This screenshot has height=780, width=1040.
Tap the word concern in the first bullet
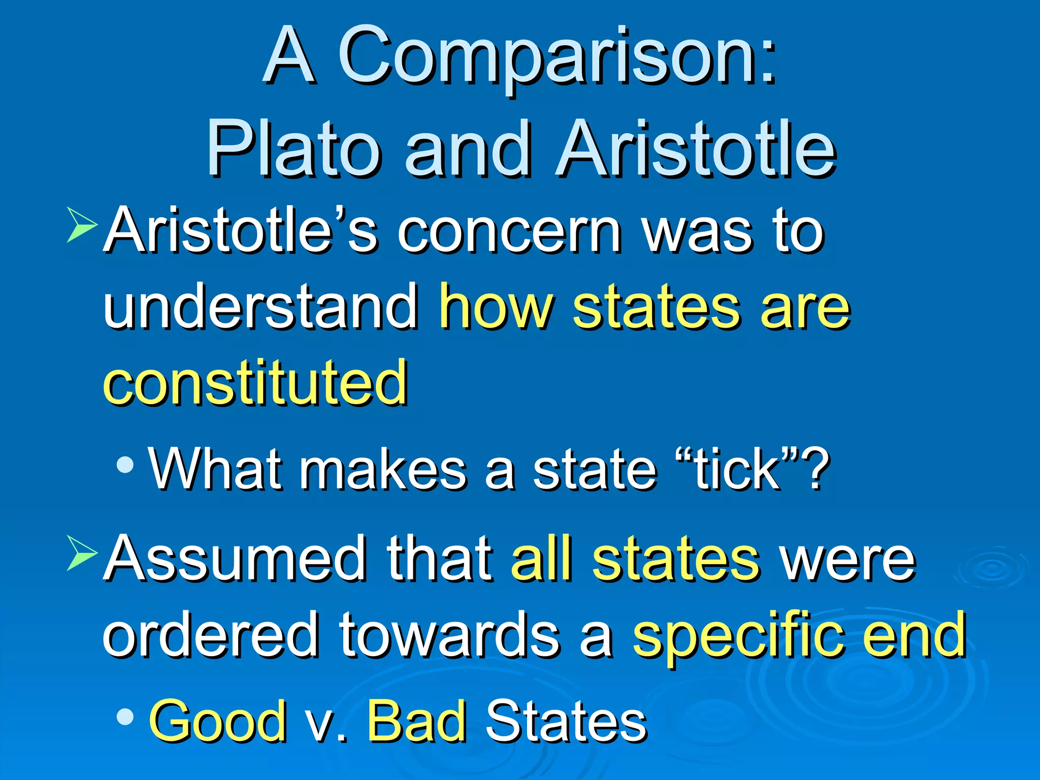coord(508,231)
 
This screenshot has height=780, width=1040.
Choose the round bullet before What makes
coord(125,464)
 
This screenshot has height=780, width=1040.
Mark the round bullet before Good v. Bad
coord(125,717)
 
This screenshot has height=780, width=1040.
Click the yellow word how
coord(496,306)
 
